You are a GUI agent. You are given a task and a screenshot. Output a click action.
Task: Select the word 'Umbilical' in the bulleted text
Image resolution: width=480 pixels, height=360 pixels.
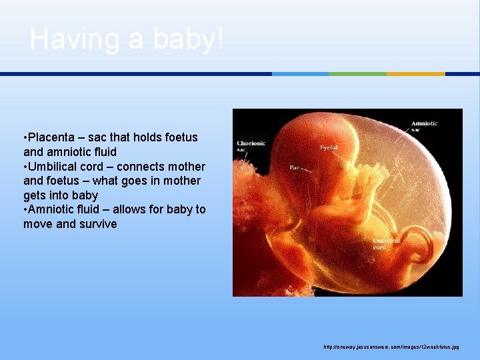[x=54, y=166]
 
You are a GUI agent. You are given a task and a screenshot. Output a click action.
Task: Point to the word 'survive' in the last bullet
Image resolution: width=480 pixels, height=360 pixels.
[x=97, y=224]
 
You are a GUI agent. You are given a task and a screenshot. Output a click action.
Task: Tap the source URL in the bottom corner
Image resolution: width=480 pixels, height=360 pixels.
[x=391, y=347]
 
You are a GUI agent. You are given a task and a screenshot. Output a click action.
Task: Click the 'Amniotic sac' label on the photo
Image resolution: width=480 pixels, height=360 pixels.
[x=424, y=127]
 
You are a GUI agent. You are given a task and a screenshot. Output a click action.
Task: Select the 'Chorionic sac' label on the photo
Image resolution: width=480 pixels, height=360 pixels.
[x=251, y=146]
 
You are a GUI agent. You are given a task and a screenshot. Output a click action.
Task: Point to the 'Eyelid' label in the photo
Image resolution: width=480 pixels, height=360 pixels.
[x=328, y=147]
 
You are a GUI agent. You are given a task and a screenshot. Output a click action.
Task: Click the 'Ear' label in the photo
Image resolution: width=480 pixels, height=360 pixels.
[x=294, y=168]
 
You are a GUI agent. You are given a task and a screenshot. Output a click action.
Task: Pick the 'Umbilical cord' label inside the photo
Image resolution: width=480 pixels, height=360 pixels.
[x=387, y=243]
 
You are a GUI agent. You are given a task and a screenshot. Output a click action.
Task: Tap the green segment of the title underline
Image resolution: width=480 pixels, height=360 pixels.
[x=358, y=74]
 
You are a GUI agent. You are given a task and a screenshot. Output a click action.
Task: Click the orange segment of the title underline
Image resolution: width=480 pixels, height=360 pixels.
[x=415, y=74]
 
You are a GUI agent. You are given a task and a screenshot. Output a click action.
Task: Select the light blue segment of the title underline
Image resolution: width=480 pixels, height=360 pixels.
[x=301, y=74]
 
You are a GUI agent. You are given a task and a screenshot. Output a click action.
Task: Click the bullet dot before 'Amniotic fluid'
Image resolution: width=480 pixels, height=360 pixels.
[x=25, y=209]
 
